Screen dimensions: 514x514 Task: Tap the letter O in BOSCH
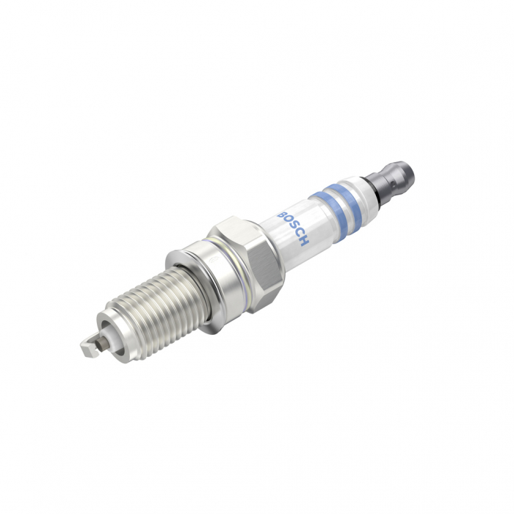[x=288, y=220]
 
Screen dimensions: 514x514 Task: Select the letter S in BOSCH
[x=294, y=228]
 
